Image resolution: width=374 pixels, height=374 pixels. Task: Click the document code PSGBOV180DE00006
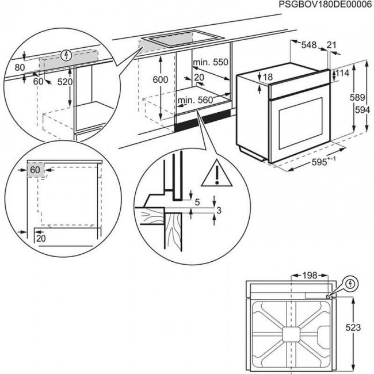point(326,5)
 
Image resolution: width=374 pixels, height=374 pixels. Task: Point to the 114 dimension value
point(343,73)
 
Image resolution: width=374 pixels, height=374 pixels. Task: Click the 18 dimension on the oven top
point(268,77)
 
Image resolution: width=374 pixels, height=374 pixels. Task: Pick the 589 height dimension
point(357,98)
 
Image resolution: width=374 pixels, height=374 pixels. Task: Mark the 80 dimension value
point(20,67)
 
